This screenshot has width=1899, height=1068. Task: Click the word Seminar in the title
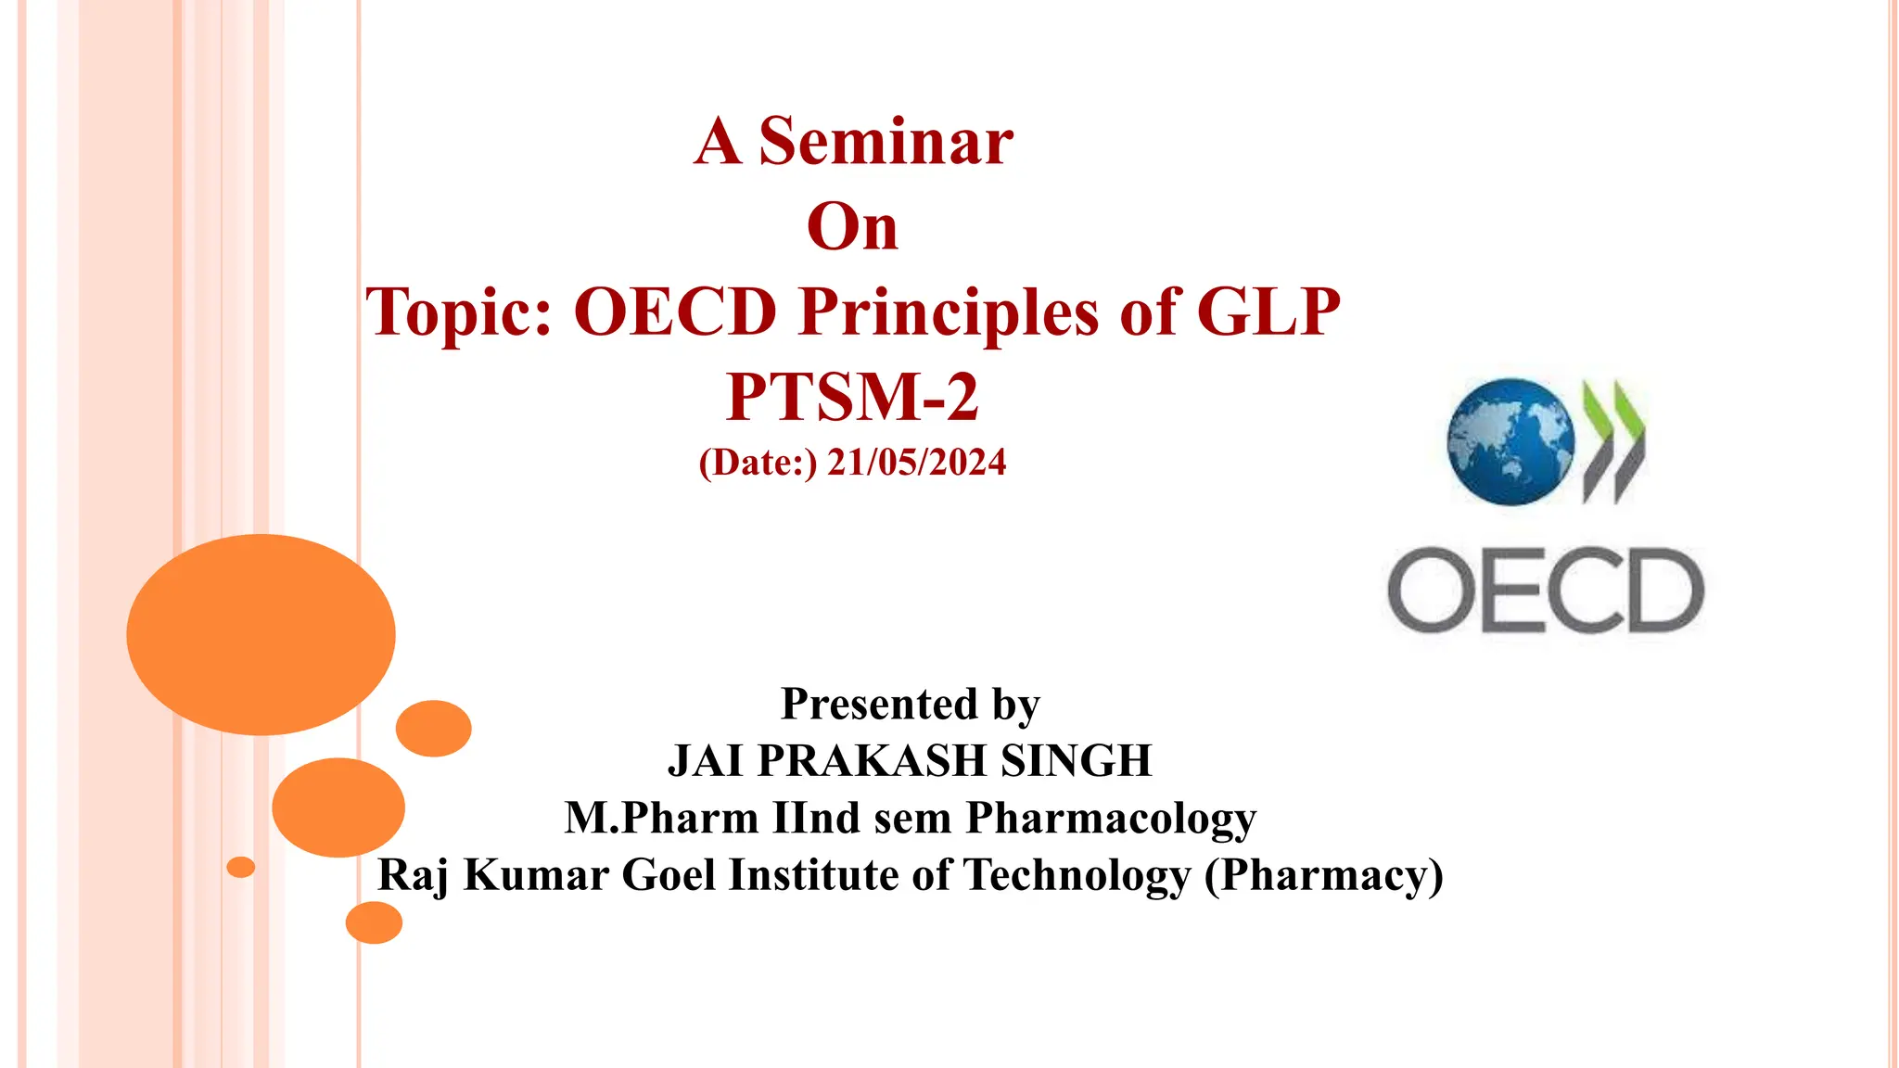886,142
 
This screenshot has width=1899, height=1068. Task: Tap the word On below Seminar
852,226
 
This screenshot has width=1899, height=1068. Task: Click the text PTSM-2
852,397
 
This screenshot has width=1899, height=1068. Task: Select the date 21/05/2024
916,463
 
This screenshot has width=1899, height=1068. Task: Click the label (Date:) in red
758,463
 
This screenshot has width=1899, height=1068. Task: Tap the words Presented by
911,704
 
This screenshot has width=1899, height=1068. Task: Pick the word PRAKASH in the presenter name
871,761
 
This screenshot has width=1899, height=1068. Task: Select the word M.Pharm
661,819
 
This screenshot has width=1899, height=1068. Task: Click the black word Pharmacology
1111,819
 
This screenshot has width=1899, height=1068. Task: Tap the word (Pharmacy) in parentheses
1323,875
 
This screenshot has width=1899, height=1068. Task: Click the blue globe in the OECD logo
1510,441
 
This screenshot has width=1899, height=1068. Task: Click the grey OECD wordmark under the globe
1546,591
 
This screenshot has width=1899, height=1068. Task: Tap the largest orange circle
261,635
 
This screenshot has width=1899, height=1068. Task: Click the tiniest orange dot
241,867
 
